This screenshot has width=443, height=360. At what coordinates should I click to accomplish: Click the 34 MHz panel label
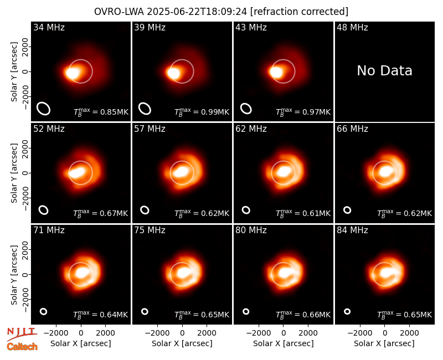click(x=49, y=27)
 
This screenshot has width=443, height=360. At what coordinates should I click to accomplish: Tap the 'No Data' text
click(x=384, y=70)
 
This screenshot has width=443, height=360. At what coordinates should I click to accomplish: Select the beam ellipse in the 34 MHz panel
click(x=44, y=109)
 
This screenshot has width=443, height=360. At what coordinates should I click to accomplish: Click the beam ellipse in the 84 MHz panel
click(x=347, y=311)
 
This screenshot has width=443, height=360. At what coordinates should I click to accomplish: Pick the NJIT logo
click(x=22, y=333)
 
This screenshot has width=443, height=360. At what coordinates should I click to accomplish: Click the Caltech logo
click(x=22, y=347)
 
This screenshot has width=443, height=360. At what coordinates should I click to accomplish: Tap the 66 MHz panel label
click(x=352, y=129)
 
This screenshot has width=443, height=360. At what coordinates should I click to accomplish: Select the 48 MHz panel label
click(x=352, y=27)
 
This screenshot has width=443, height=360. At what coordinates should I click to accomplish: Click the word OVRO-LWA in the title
click(x=119, y=12)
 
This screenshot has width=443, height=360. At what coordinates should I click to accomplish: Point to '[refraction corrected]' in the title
click(x=299, y=12)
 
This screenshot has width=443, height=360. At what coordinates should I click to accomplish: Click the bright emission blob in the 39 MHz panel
click(x=173, y=73)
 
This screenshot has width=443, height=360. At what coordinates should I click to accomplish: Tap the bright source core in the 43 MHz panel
click(x=276, y=72)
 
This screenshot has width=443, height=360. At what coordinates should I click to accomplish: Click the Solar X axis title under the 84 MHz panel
click(x=384, y=343)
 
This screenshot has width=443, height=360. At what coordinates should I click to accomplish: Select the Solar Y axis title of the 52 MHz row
click(x=14, y=173)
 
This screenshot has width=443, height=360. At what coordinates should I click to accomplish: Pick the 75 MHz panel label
click(x=150, y=230)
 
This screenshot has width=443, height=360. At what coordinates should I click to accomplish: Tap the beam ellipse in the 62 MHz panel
click(x=246, y=210)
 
